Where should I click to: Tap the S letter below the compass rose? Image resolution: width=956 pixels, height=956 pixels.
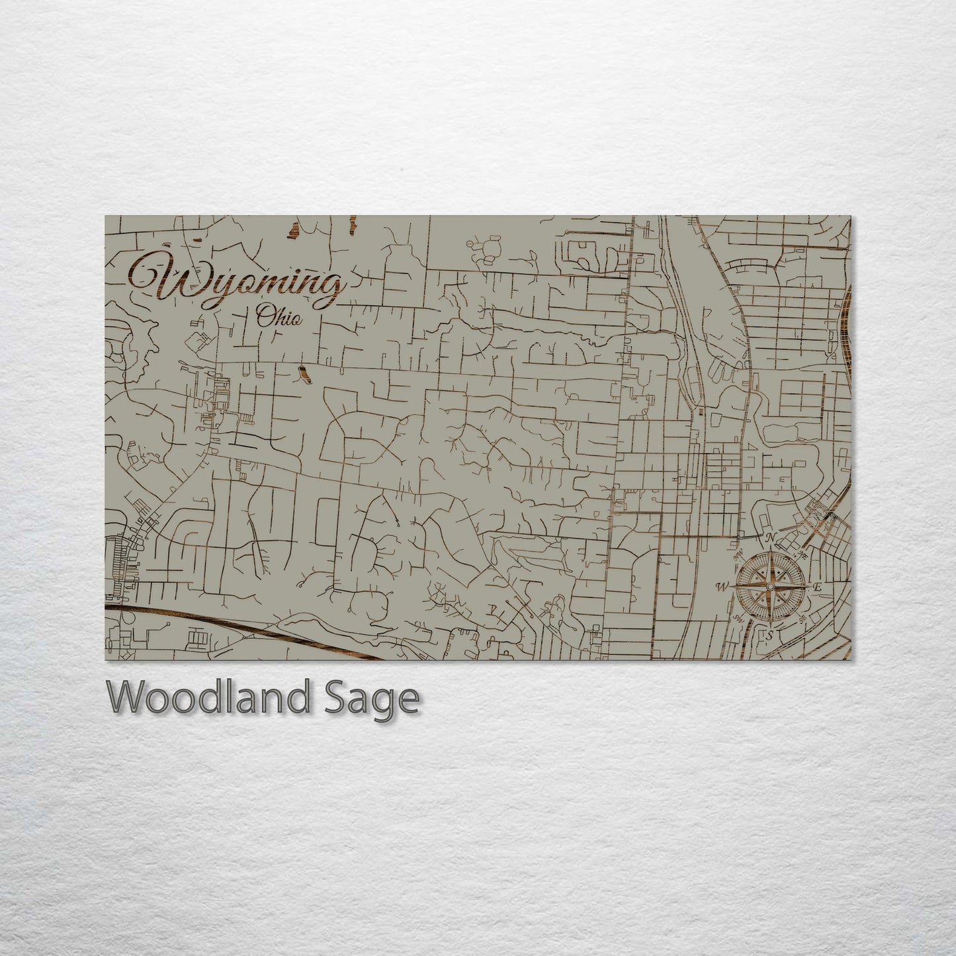click(769, 635)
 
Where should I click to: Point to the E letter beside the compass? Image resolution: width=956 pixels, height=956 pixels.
click(817, 587)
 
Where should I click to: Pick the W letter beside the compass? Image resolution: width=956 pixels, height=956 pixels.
click(722, 586)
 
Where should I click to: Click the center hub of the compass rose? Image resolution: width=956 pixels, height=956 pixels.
click(770, 586)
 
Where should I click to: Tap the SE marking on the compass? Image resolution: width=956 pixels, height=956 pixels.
click(803, 620)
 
